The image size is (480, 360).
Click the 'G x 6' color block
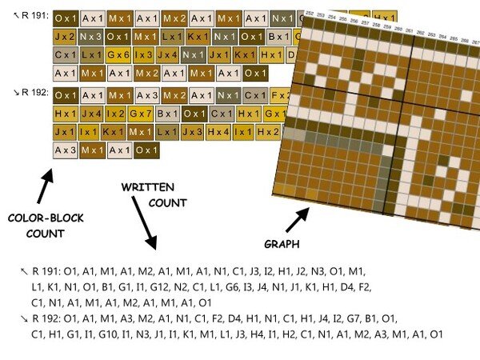click(x=118, y=55)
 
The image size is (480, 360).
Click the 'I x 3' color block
click(x=143, y=55)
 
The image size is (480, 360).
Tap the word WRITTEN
click(x=148, y=186)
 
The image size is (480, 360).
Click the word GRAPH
click(x=283, y=242)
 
